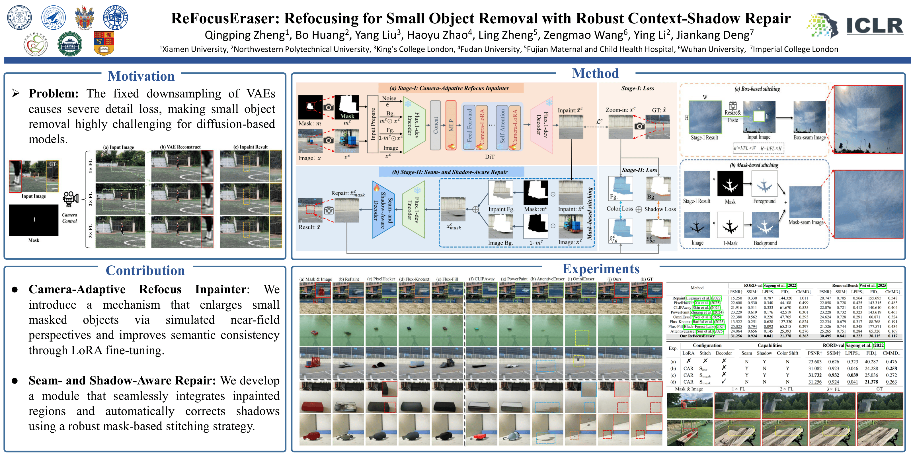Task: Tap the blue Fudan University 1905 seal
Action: [115, 17]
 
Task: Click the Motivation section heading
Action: [141, 76]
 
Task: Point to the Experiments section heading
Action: [601, 269]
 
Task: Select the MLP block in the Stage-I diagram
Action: [451, 125]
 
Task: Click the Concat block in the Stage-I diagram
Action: [435, 125]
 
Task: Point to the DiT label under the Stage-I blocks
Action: [489, 157]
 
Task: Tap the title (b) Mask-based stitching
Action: [754, 165]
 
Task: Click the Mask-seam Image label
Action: [806, 222]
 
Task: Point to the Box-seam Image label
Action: [809, 137]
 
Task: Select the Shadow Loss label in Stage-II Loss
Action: [660, 209]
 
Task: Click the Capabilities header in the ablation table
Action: [770, 345]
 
